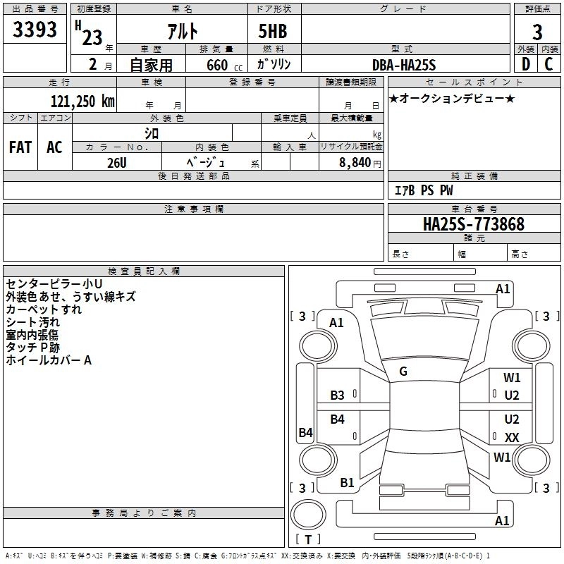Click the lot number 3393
[x=35, y=29]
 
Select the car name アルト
[x=183, y=31]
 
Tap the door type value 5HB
[x=273, y=31]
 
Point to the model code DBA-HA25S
[x=404, y=65]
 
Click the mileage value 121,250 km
[x=82, y=102]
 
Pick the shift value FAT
[x=20, y=147]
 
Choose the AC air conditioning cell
[x=54, y=147]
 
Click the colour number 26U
[x=117, y=163]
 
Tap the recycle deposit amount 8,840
[x=355, y=163]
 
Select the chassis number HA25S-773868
[x=474, y=224]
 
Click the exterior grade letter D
[x=526, y=64]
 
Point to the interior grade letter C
[x=548, y=64]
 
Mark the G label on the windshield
[x=403, y=372]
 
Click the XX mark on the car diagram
[x=512, y=437]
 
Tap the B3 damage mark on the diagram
[x=338, y=396]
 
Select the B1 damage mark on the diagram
[x=347, y=483]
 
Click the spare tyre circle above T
[x=308, y=515]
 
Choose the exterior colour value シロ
[x=152, y=134]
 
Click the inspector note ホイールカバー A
[x=49, y=360]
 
